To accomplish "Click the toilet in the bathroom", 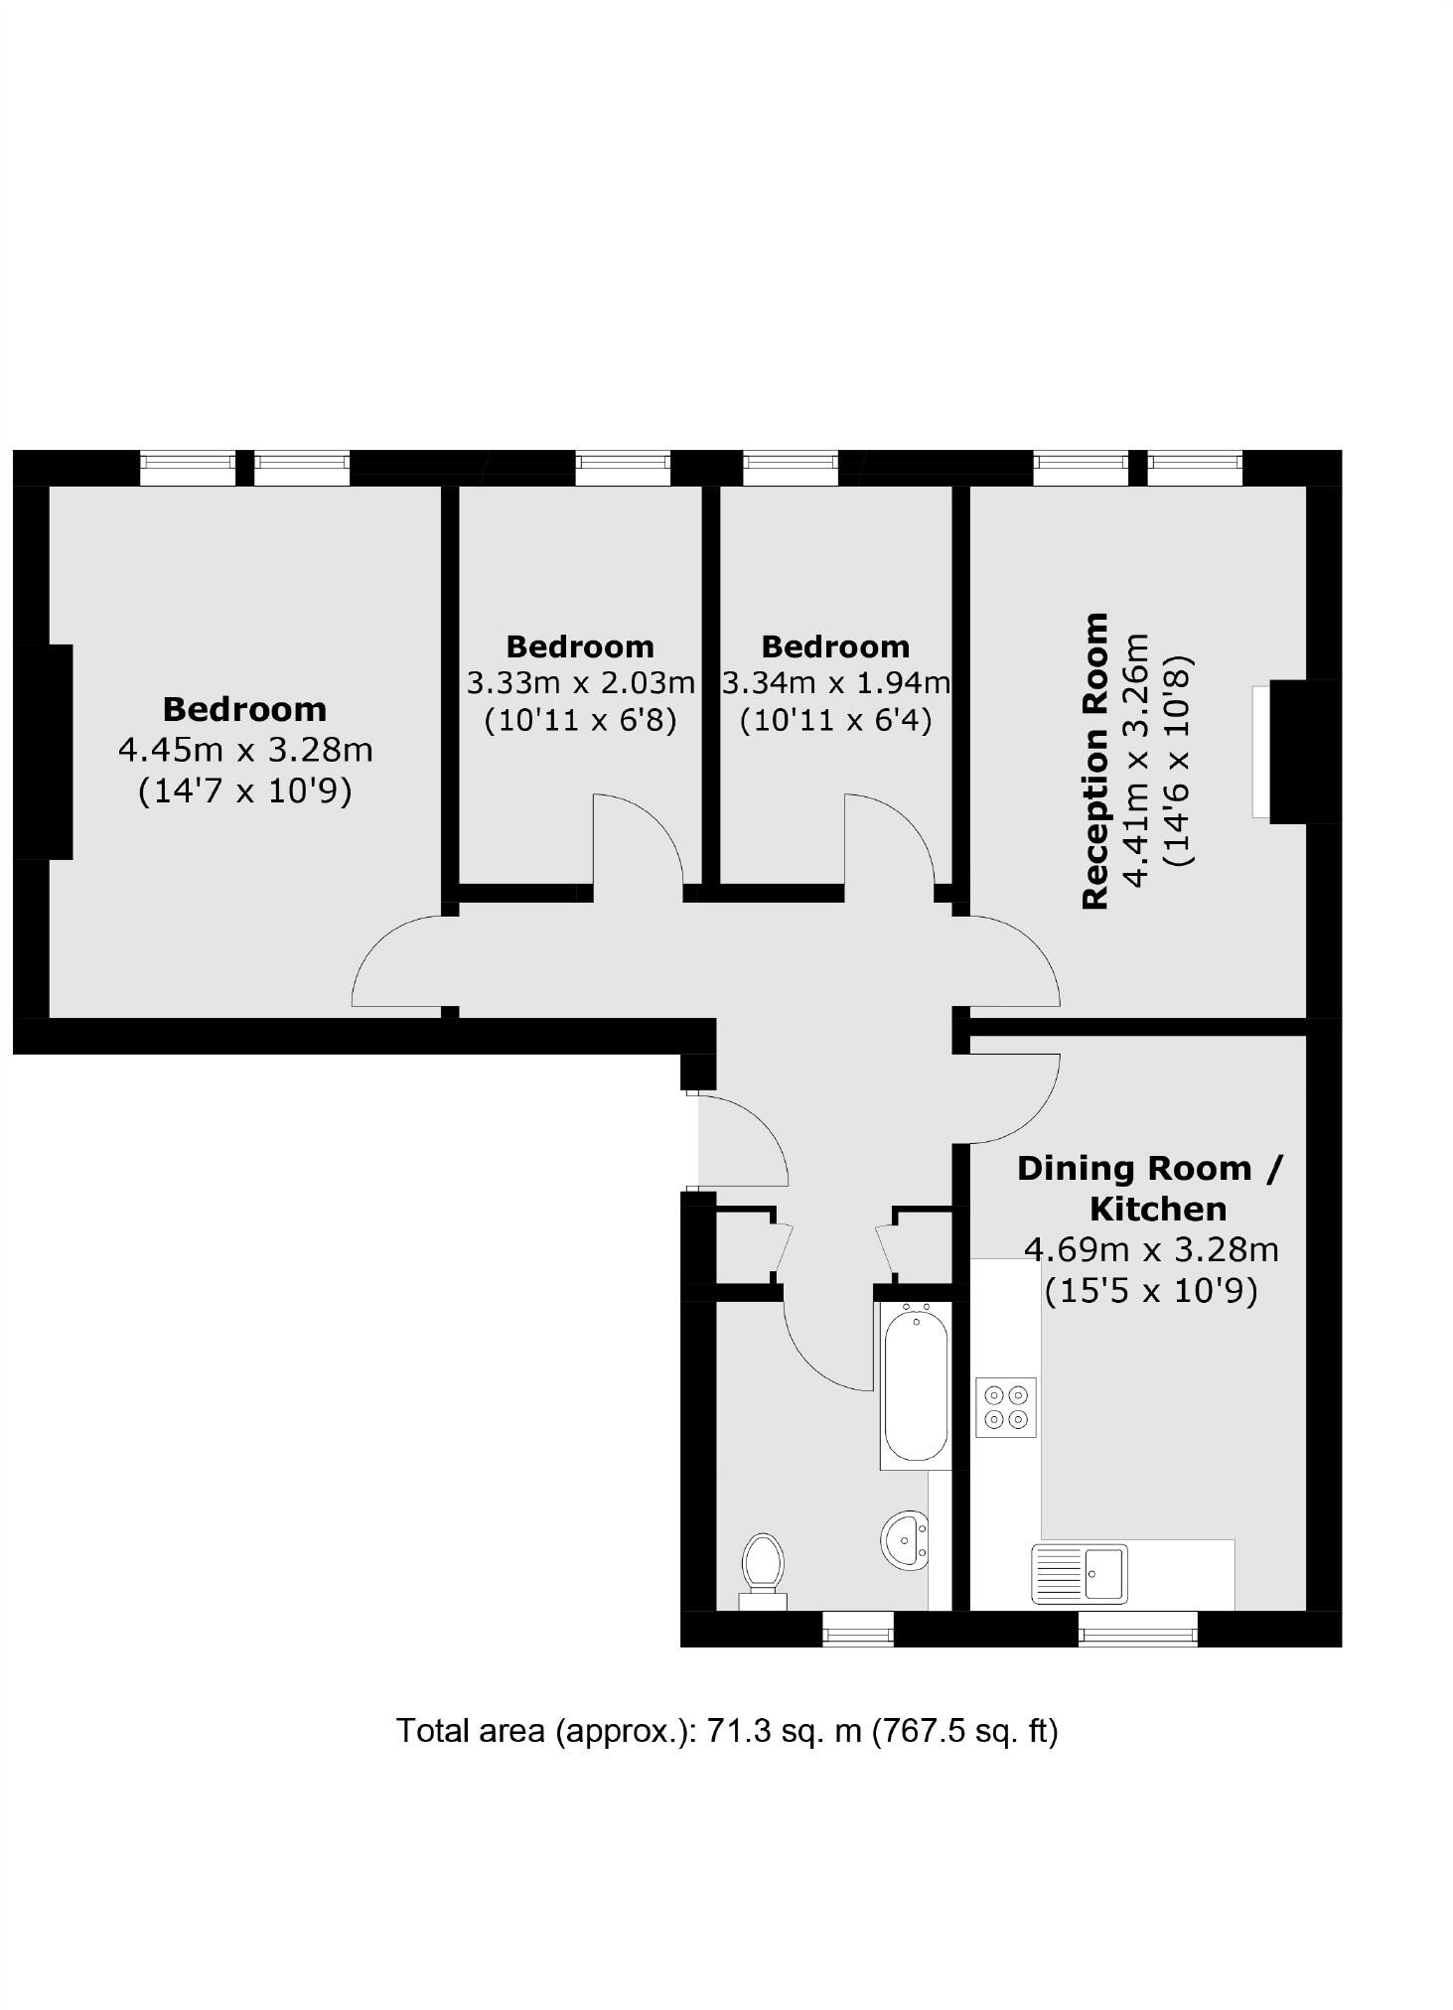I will click(x=763, y=1567).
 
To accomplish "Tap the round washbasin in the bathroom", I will click(x=905, y=1540).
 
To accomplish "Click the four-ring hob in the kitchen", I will click(x=1005, y=1407).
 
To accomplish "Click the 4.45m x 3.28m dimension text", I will click(x=245, y=750).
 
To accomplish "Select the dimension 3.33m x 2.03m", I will click(x=580, y=683).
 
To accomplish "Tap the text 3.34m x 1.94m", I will click(x=835, y=683).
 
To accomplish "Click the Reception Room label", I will click(x=1095, y=761).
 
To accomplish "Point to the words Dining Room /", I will click(x=1149, y=1168).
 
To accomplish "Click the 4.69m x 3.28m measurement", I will click(x=1151, y=1249).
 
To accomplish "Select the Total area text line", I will click(x=727, y=1731).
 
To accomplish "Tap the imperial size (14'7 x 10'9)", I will click(x=245, y=791).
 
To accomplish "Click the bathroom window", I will click(x=858, y=1629).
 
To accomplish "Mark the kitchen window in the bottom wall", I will click(x=1138, y=1629).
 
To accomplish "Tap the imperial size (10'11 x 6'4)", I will click(x=835, y=719).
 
